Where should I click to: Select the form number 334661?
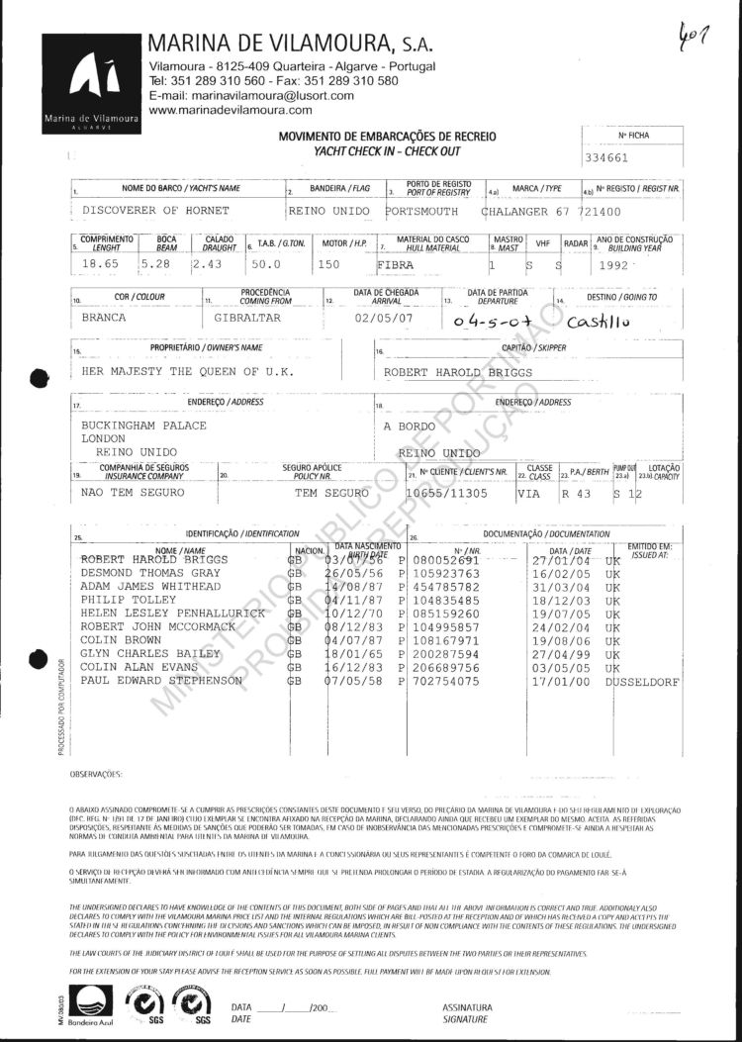click(x=607, y=156)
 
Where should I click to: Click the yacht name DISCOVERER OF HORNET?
click(x=155, y=211)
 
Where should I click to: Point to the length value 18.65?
click(x=98, y=264)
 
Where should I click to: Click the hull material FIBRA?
click(x=399, y=265)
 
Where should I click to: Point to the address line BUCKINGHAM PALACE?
click(x=144, y=425)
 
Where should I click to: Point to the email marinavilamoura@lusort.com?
click(x=251, y=96)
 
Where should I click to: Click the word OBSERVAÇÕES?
click(x=96, y=772)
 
